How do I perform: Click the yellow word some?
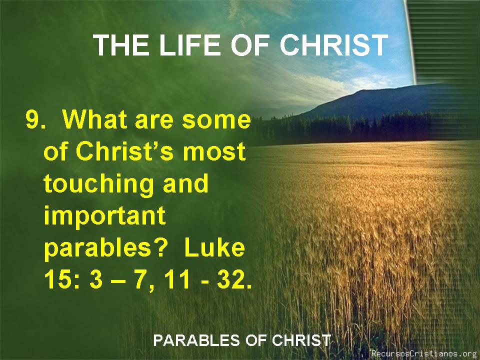tap(216, 120)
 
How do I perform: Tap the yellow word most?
tap(214, 152)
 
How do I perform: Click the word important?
tap(104, 216)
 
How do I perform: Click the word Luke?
tap(214, 247)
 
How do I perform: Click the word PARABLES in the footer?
tap(196, 340)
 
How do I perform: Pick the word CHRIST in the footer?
tap(301, 340)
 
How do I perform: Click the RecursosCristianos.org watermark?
tap(425, 353)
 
